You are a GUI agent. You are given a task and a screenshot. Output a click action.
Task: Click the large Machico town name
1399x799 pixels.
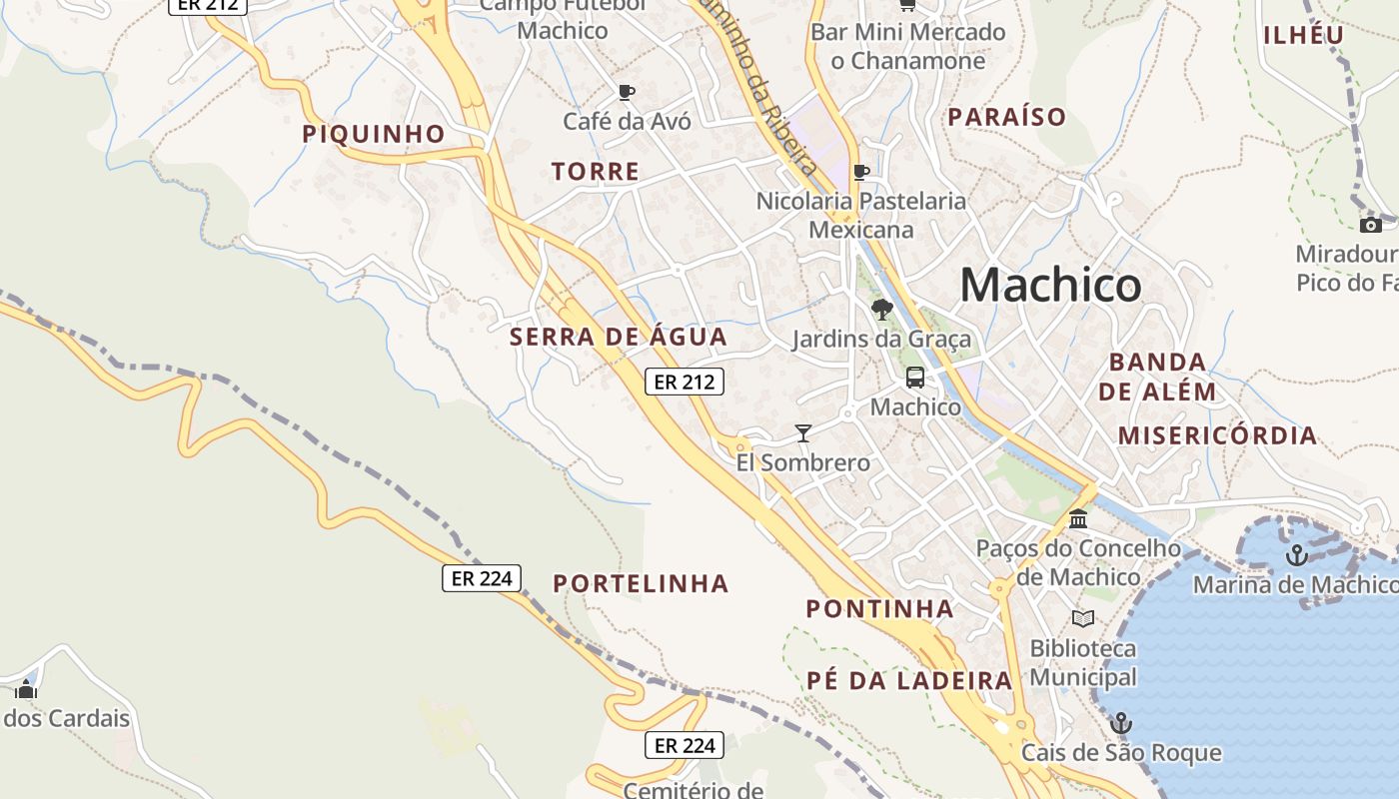click(x=1050, y=286)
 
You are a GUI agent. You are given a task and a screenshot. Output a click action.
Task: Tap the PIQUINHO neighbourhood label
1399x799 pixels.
click(x=374, y=134)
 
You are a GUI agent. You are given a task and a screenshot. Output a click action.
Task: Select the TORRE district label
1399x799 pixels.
click(x=596, y=172)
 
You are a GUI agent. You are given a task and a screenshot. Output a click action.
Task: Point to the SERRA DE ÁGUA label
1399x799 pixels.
click(x=619, y=338)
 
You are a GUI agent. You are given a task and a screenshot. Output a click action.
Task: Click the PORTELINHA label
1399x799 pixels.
click(x=642, y=583)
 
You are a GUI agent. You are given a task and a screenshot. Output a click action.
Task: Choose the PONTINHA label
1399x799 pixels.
click(x=879, y=608)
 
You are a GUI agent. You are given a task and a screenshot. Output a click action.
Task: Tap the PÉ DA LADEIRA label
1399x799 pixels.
click(x=909, y=681)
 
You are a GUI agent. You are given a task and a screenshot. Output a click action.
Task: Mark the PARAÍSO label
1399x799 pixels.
click(x=1007, y=117)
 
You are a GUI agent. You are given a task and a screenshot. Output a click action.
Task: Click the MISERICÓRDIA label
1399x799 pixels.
click(x=1217, y=435)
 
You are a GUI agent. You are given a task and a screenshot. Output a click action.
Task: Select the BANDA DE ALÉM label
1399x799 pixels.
click(x=1157, y=377)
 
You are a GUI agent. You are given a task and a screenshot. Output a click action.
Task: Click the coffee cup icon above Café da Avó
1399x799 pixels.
click(x=627, y=93)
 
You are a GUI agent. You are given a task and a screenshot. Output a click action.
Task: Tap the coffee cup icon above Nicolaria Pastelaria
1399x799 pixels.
click(x=860, y=172)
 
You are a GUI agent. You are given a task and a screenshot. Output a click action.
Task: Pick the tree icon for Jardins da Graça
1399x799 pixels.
click(x=880, y=309)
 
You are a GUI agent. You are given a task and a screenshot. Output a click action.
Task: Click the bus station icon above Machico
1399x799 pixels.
click(x=914, y=378)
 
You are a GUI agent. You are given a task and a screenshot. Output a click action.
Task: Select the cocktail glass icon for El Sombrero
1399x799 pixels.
click(x=802, y=433)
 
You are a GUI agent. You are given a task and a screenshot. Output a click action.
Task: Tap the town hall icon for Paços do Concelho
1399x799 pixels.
click(x=1078, y=519)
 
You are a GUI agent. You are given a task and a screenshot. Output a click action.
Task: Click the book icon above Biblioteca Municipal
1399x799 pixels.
click(x=1082, y=618)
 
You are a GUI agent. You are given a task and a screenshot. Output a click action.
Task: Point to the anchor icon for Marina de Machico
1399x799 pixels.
click(x=1296, y=555)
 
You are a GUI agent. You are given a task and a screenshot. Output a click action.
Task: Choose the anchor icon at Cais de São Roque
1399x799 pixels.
click(x=1121, y=722)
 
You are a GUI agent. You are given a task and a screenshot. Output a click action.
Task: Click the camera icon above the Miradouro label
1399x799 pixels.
click(x=1371, y=225)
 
